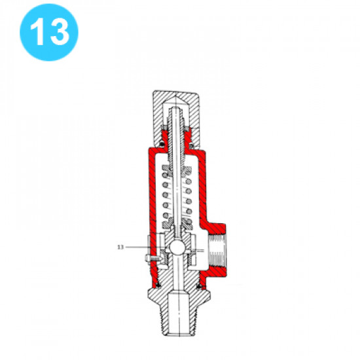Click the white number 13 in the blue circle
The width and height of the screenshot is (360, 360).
(x=50, y=31)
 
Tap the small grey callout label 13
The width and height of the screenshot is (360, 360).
(x=120, y=247)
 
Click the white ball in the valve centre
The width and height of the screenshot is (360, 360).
(x=177, y=247)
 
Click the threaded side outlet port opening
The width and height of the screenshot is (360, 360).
(x=217, y=251)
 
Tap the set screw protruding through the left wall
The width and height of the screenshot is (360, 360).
(x=154, y=259)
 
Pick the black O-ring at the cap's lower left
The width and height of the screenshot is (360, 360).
(x=162, y=144)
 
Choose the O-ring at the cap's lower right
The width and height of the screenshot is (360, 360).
(x=191, y=145)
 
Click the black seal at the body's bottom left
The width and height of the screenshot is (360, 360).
(x=158, y=285)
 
